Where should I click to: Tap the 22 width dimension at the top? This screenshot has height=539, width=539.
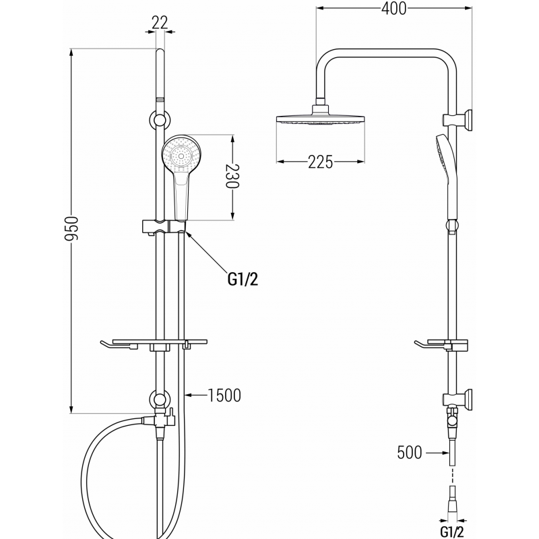click(160, 22)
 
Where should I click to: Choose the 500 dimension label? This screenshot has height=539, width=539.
click(409, 453)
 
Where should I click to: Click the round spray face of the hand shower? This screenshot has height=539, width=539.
click(180, 155)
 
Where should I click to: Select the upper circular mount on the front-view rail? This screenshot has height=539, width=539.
click(160, 121)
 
